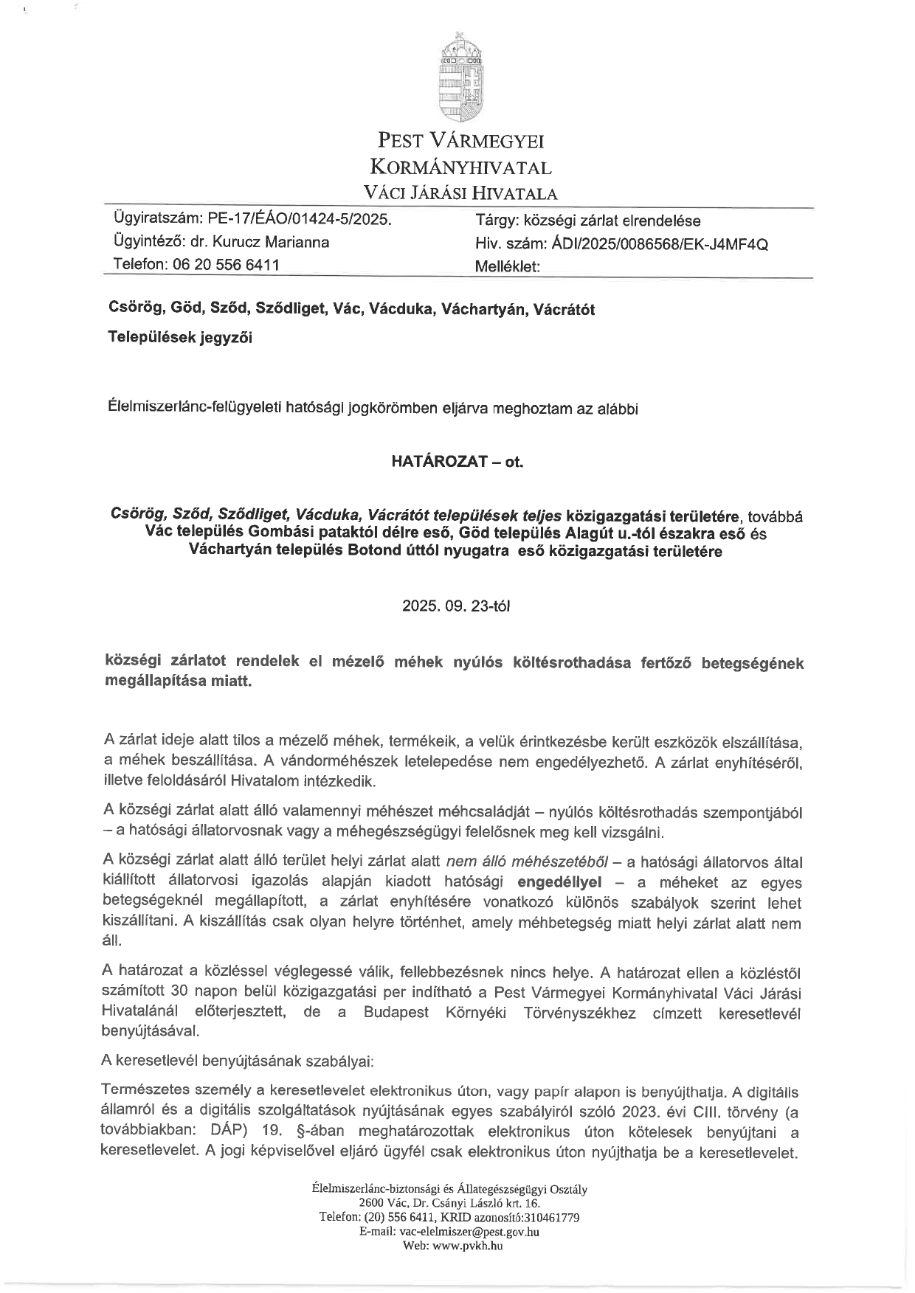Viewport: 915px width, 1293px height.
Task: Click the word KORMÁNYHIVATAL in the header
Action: click(460, 167)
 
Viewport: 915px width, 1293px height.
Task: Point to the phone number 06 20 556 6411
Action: click(226, 265)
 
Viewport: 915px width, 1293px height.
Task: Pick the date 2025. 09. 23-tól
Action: click(456, 606)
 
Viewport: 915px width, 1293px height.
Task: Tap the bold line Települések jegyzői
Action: click(180, 338)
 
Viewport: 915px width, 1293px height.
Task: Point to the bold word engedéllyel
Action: click(559, 882)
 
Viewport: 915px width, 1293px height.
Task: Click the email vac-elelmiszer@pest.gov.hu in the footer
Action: click(469, 1231)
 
